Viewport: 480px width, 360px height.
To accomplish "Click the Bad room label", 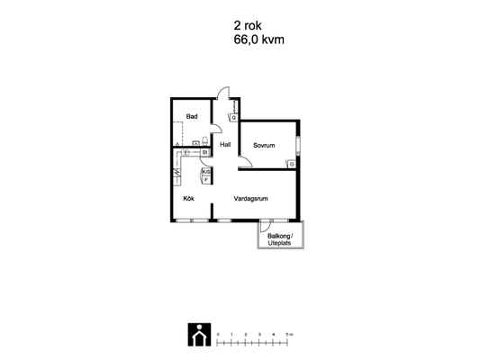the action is pyautogui.click(x=192, y=116).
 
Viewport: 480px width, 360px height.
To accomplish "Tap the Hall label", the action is pyautogui.click(x=225, y=144).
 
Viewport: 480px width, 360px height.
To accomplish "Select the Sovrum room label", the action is pyautogui.click(x=264, y=145).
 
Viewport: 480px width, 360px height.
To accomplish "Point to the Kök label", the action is pyautogui.click(x=188, y=199).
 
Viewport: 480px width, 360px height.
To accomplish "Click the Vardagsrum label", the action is pyautogui.click(x=251, y=199).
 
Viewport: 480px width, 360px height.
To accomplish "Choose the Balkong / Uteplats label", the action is pyautogui.click(x=280, y=239).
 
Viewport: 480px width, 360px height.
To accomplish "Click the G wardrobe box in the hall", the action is pyautogui.click(x=234, y=118).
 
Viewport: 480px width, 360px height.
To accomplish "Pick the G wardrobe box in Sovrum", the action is pyautogui.click(x=292, y=164).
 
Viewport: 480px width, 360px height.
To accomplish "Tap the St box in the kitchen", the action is pyautogui.click(x=205, y=152).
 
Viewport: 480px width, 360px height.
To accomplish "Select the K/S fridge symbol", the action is pyautogui.click(x=206, y=172).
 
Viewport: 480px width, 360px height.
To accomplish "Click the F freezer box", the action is pyautogui.click(x=206, y=180).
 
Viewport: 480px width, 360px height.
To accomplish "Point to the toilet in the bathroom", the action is pyautogui.click(x=204, y=141).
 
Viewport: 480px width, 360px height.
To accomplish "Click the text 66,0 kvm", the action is pyautogui.click(x=259, y=40).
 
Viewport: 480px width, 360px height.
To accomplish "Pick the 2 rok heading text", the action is pyautogui.click(x=248, y=26).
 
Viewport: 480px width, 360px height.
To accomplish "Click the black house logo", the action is pyautogui.click(x=199, y=335).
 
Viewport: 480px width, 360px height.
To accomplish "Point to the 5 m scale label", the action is pyautogui.click(x=289, y=334).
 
